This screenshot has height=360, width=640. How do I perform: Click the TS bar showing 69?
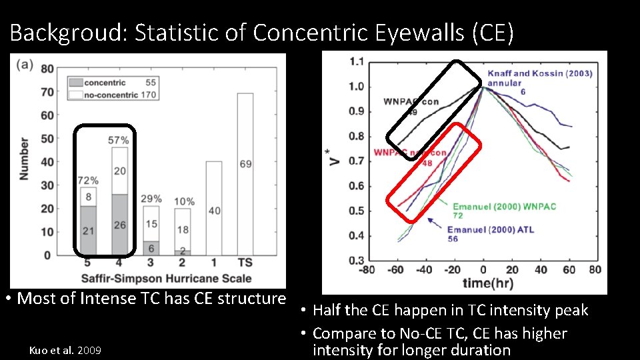pyautogui.click(x=245, y=173)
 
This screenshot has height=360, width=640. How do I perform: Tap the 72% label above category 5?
pyautogui.click(x=88, y=180)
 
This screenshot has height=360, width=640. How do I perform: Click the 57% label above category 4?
pyautogui.click(x=118, y=140)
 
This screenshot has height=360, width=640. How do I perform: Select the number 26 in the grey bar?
pyautogui.click(x=119, y=225)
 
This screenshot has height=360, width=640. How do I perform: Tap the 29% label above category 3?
pyautogui.click(x=151, y=199)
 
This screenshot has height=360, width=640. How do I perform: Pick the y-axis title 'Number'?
pyautogui.click(x=25, y=159)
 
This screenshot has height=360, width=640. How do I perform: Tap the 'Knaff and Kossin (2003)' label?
pyautogui.click(x=539, y=73)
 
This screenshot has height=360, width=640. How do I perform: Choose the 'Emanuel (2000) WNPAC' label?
pyautogui.click(x=504, y=207)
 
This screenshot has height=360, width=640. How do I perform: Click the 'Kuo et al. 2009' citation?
pyautogui.click(x=65, y=349)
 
